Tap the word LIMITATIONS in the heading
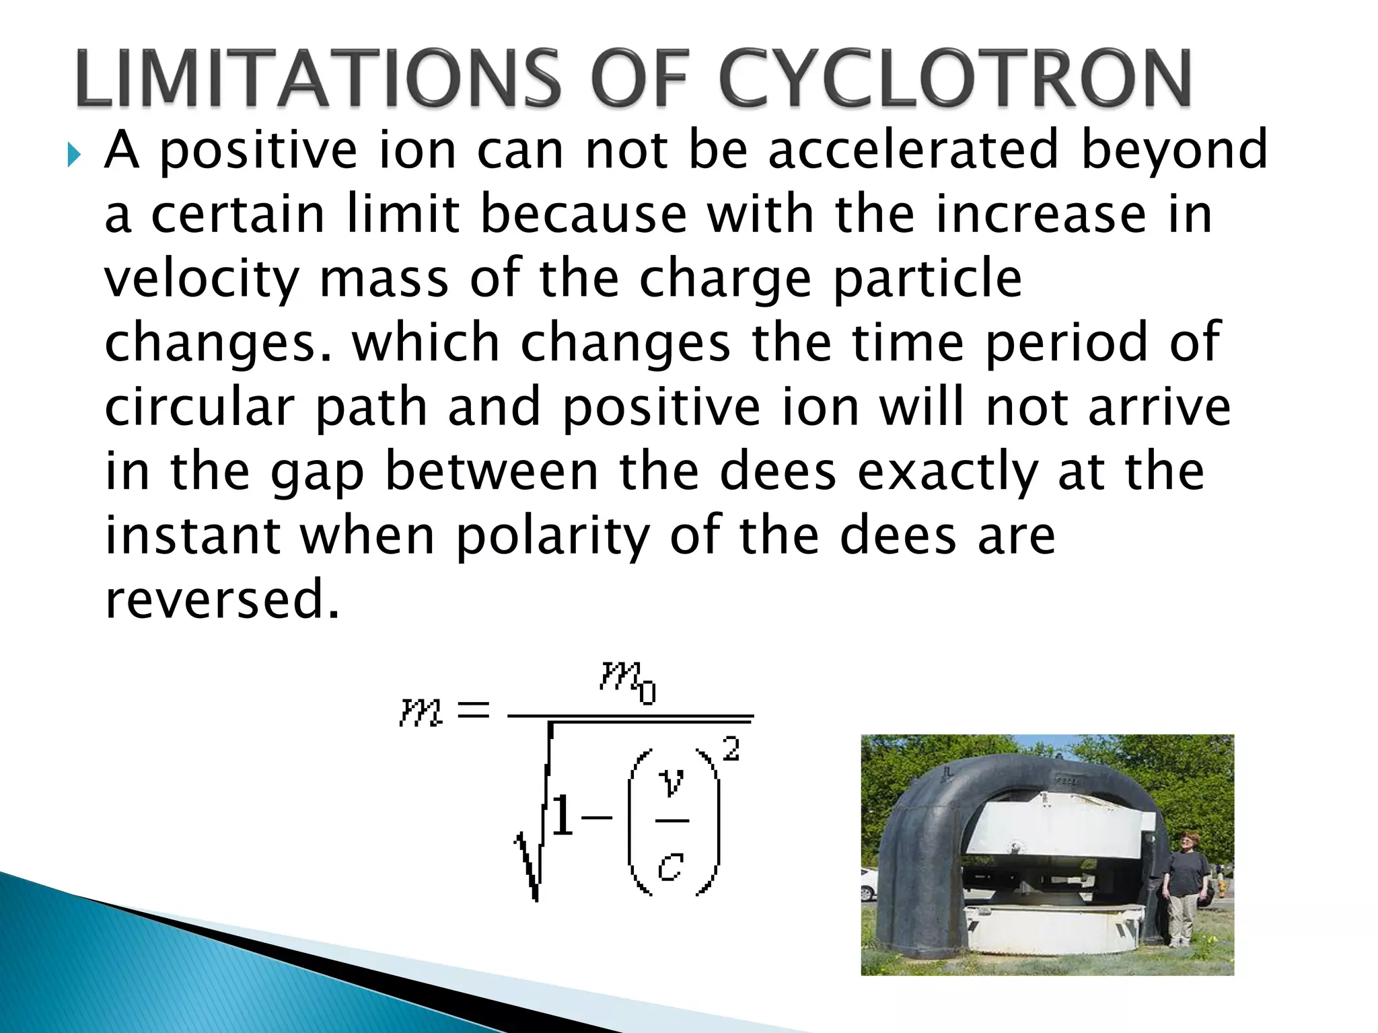[316, 79]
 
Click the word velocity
[201, 280]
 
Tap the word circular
[199, 408]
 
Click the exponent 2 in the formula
[731, 749]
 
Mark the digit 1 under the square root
[562, 816]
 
